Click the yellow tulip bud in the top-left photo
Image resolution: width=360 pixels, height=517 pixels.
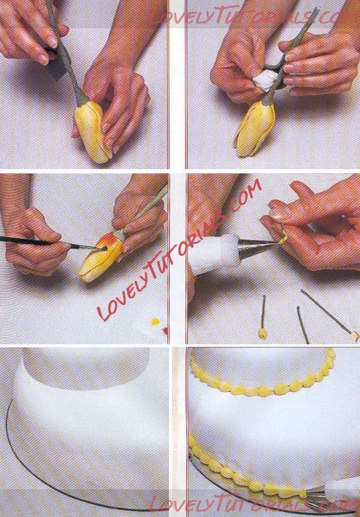(92, 132)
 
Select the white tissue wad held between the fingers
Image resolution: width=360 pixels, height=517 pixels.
(267, 79)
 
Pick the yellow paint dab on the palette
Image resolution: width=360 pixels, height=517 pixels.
(155, 321)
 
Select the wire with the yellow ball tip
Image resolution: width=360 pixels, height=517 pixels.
(263, 317)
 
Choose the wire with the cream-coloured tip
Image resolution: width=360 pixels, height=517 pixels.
(329, 314)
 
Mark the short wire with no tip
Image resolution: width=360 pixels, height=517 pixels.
(303, 325)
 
